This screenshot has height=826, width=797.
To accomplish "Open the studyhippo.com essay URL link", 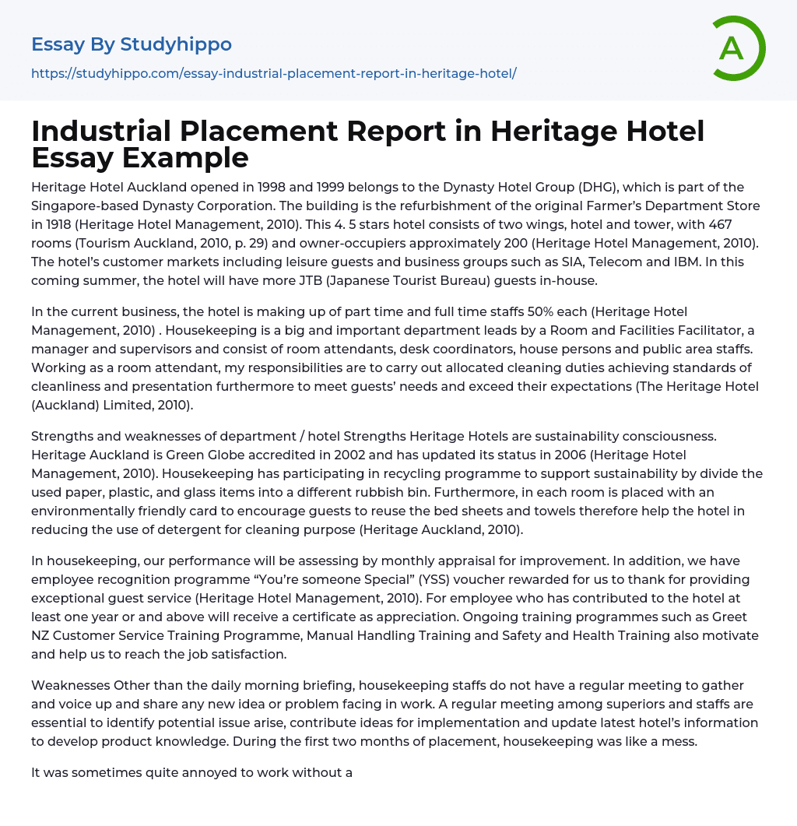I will [x=274, y=74].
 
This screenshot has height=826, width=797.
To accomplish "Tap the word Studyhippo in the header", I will [x=176, y=44].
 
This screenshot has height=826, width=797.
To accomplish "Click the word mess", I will [x=680, y=742].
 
